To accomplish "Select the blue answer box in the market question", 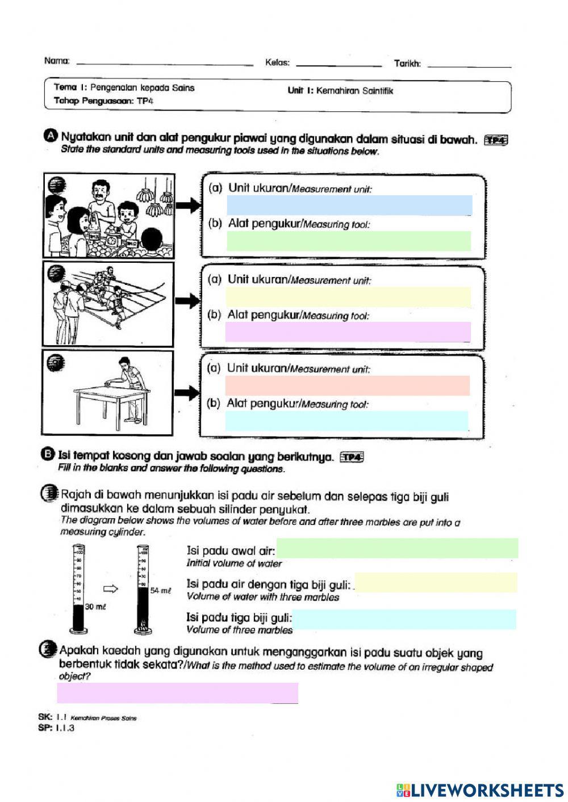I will [349, 205].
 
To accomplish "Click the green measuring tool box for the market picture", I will [349, 241].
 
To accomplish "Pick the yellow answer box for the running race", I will [348, 296].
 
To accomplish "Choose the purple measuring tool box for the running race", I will [348, 332].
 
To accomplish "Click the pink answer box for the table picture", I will [347, 385].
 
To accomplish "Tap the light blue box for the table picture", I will [346, 421].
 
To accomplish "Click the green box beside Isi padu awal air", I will [397, 548].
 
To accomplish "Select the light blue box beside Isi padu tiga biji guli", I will [403, 619].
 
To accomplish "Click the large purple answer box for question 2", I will [177, 693].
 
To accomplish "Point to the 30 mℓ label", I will [95, 607].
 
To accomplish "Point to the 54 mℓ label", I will [160, 590].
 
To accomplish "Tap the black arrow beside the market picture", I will [187, 205].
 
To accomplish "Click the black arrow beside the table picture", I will [186, 392].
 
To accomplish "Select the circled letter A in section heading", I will [51, 136].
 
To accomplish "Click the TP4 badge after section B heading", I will [351, 457].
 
